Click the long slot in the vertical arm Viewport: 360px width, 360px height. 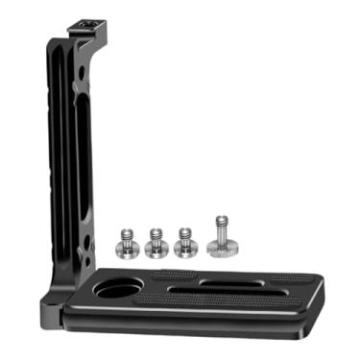[80, 134]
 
